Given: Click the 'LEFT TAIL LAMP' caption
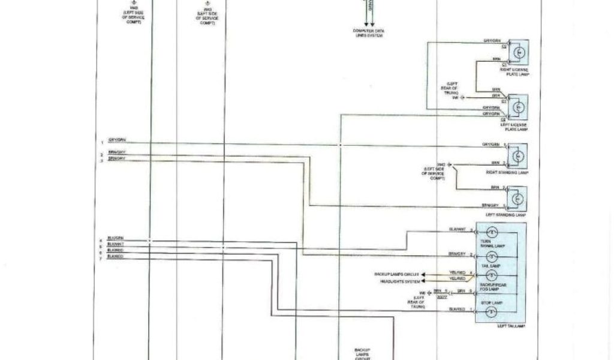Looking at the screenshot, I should [x=511, y=326].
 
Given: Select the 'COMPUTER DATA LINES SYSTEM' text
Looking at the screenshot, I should [x=368, y=33].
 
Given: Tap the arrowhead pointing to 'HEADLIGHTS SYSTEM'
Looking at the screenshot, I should [x=424, y=280].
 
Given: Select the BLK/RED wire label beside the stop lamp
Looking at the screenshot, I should [x=458, y=309].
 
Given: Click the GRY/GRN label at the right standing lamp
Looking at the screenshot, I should [x=490, y=145].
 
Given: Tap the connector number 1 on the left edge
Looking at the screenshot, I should [x=102, y=142].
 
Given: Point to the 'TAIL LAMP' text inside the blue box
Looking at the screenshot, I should [x=490, y=265].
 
